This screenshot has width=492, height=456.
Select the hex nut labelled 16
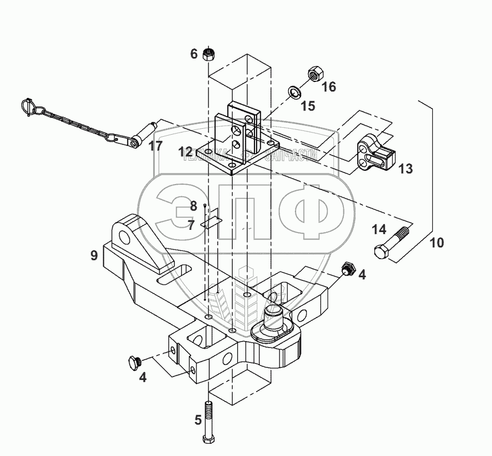314,74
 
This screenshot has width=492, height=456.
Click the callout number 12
185,153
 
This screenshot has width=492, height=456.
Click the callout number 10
437,243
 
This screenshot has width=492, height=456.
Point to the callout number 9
94,255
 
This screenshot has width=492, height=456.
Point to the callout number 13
406,169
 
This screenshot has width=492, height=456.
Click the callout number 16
329,86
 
